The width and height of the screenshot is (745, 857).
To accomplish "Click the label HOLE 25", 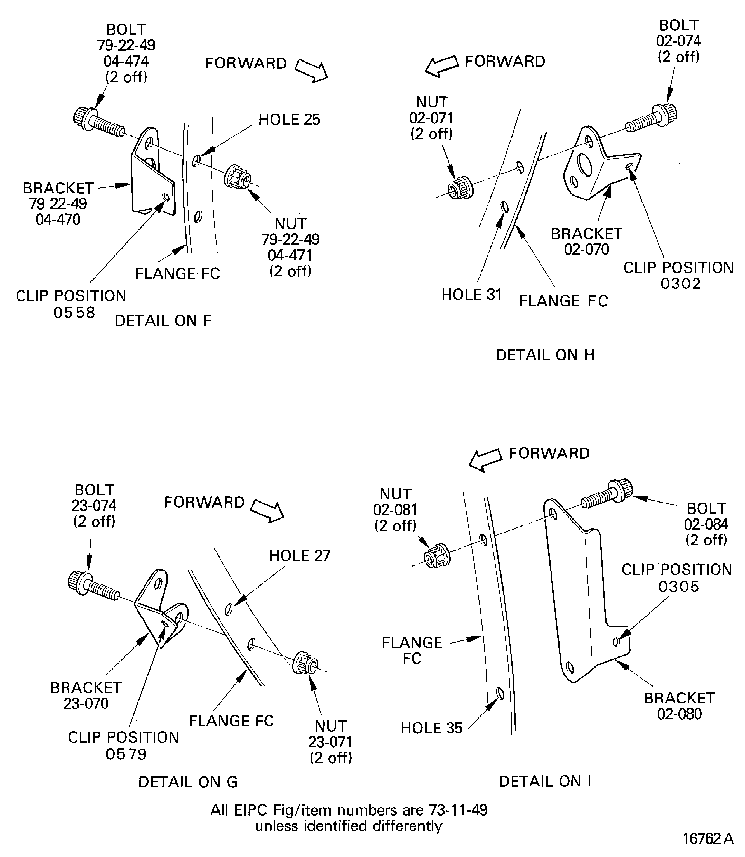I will click(x=289, y=120).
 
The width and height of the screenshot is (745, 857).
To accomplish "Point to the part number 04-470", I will click(x=58, y=219).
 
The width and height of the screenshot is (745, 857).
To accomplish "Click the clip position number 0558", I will click(x=74, y=312).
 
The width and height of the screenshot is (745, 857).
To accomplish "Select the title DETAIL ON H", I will click(x=545, y=355).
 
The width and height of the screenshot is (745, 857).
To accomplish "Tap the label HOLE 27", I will click(x=299, y=556).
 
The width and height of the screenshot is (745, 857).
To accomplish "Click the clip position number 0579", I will click(x=126, y=754).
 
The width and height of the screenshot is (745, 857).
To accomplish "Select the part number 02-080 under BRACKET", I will click(x=679, y=713).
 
